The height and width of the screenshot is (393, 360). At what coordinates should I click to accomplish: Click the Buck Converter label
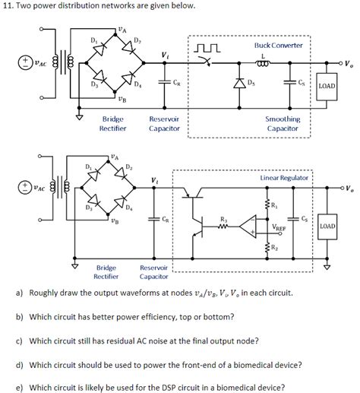pos(278,46)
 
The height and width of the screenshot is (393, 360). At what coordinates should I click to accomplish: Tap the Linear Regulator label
pos(283,176)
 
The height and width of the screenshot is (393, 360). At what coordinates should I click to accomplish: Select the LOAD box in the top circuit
pos(326,86)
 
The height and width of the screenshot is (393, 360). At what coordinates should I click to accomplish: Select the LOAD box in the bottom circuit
pos(327,227)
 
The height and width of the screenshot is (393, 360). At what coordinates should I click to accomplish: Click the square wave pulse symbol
pos(207,49)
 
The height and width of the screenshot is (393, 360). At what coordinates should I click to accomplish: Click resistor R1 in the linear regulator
pos(267,204)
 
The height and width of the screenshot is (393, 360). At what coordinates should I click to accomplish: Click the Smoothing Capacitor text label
pos(282,124)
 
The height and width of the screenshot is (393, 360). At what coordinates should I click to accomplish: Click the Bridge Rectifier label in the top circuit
pos(113,124)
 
